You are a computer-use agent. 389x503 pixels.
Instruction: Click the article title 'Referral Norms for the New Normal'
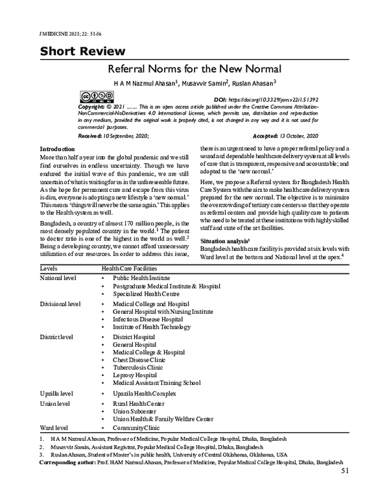point(194,68)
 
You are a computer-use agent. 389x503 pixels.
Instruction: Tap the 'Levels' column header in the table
point(49,267)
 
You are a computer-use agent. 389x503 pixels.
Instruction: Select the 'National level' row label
point(58,277)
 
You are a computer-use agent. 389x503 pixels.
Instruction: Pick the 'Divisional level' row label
point(60,303)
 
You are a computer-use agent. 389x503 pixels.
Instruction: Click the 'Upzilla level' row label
point(56,393)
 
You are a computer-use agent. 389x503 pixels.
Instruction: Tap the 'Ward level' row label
point(54,428)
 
